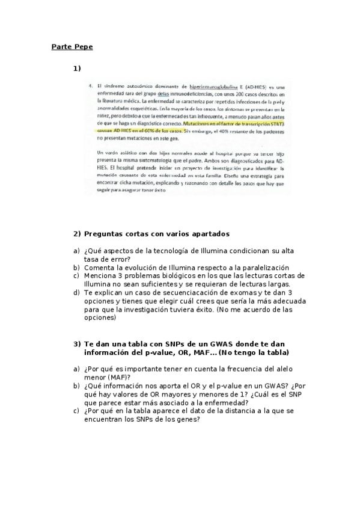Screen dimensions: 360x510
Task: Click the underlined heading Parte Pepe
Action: click(72, 46)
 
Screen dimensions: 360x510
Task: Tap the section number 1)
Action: click(77, 68)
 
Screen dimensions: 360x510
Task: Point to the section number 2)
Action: click(77, 233)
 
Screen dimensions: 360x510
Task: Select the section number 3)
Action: click(77, 343)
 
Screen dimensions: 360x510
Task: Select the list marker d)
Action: click(76, 292)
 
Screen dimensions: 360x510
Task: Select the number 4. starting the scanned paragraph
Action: click(90, 87)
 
